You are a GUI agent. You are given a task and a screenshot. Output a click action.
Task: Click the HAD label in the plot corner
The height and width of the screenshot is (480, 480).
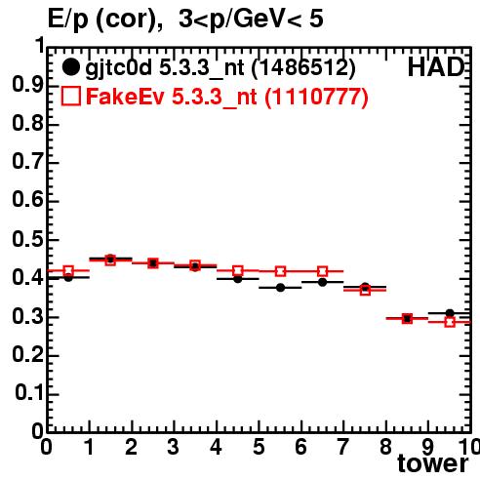click(436, 67)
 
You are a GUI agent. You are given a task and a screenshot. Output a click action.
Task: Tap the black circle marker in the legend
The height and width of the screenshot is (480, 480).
click(70, 67)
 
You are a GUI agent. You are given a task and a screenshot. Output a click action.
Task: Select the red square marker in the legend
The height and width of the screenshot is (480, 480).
click(70, 97)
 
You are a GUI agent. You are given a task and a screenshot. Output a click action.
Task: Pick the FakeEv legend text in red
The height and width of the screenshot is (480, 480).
click(125, 97)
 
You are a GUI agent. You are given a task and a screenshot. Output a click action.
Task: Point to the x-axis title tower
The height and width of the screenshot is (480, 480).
click(433, 463)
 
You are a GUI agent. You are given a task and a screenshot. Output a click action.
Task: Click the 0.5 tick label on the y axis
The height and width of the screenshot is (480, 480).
click(27, 240)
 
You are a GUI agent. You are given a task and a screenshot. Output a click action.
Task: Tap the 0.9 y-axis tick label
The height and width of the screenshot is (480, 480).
click(27, 85)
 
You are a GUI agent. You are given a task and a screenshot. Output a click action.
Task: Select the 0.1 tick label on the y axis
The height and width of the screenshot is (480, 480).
click(29, 393)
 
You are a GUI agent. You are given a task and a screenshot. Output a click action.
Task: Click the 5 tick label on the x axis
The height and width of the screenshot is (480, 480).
click(259, 447)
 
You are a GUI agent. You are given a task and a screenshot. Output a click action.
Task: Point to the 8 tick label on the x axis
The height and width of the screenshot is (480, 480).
click(385, 447)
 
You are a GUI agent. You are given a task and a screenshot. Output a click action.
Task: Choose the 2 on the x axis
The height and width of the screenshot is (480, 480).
click(131, 447)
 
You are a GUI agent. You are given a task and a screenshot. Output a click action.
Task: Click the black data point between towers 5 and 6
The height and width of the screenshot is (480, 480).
click(280, 288)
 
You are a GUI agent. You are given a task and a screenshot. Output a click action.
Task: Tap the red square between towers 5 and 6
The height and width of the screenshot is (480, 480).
click(280, 271)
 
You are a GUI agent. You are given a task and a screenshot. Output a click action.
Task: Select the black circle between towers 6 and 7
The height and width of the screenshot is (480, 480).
click(322, 282)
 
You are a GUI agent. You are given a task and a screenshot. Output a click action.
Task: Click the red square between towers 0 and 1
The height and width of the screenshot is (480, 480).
click(68, 270)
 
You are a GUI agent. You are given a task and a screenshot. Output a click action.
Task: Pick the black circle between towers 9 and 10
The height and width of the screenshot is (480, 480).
click(450, 313)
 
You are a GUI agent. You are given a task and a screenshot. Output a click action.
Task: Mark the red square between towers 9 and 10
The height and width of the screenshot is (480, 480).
click(450, 322)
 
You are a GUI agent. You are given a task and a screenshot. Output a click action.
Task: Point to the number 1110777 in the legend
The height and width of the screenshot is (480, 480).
click(316, 97)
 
